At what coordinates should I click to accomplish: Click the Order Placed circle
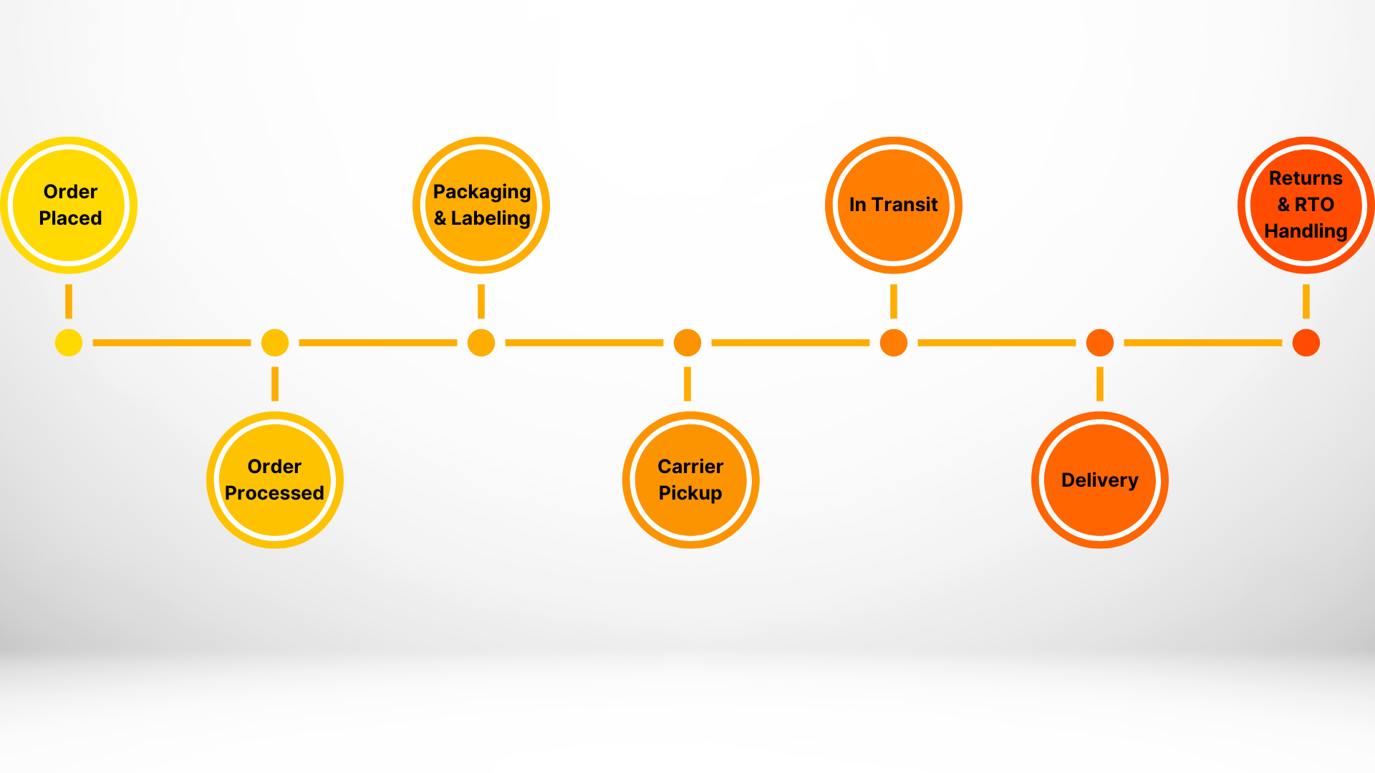pyautogui.click(x=69, y=205)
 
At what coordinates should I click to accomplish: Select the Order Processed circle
pyautogui.click(x=275, y=480)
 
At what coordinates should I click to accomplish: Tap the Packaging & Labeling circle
pyautogui.click(x=481, y=205)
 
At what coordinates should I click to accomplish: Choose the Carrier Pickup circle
pyautogui.click(x=690, y=480)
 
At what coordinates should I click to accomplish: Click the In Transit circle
pyautogui.click(x=894, y=205)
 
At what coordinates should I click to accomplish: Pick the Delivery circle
pyautogui.click(x=1100, y=480)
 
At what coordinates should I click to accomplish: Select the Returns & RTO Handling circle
pyautogui.click(x=1306, y=205)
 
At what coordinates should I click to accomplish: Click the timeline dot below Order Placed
pyautogui.click(x=69, y=343)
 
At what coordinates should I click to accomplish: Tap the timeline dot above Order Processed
pyautogui.click(x=275, y=343)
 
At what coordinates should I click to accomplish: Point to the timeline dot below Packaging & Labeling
pyautogui.click(x=481, y=343)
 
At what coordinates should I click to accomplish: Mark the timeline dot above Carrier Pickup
pyautogui.click(x=687, y=343)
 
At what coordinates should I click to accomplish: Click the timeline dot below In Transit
pyautogui.click(x=894, y=343)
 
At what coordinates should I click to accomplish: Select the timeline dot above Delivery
pyautogui.click(x=1100, y=343)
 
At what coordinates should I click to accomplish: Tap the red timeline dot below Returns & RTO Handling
pyautogui.click(x=1306, y=343)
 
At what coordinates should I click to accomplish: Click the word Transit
pyautogui.click(x=904, y=205)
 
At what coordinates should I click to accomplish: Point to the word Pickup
pyautogui.click(x=690, y=494)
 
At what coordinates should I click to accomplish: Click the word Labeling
pyautogui.click(x=491, y=219)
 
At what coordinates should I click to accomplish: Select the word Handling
pyautogui.click(x=1306, y=232)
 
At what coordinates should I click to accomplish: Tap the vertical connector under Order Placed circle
pyautogui.click(x=69, y=301)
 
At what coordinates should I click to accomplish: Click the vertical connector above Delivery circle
pyautogui.click(x=1100, y=384)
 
